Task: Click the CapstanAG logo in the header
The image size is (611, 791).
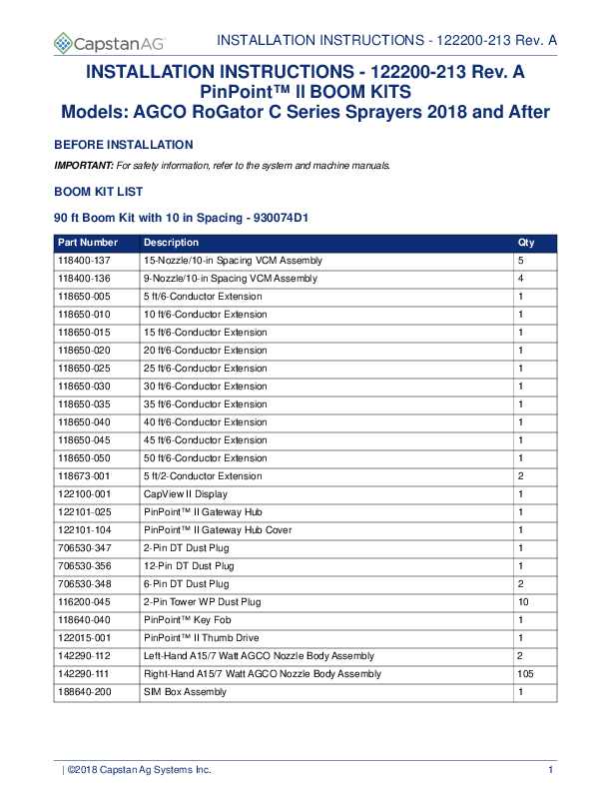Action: pos(110,43)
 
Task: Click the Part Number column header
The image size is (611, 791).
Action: pos(88,243)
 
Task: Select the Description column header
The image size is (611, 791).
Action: pos(171,243)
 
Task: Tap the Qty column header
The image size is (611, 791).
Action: pos(526,243)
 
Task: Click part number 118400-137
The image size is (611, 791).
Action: pos(83,261)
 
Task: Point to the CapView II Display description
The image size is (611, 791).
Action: pos(186,494)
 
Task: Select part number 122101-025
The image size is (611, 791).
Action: pos(83,512)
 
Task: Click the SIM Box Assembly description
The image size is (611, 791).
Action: pos(185,692)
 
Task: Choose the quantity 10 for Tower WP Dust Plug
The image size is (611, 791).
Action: pos(522,602)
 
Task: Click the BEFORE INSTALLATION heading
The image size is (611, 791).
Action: pos(123,145)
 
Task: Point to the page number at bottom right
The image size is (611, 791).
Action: pos(550,769)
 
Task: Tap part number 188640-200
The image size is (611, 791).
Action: pos(83,692)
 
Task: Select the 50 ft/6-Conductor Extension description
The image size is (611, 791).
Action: pos(205,458)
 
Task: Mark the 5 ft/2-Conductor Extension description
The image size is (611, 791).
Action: pos(203,476)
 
